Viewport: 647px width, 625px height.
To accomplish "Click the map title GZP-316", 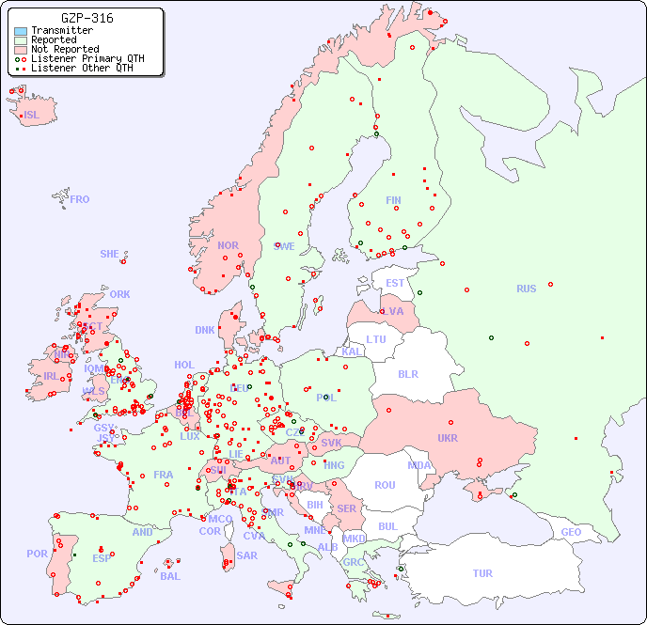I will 87,18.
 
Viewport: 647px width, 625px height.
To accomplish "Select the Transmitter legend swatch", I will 21,31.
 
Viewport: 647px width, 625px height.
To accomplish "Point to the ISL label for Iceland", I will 32,116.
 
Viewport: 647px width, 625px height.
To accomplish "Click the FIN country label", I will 393,200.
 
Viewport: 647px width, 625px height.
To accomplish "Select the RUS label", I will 526,289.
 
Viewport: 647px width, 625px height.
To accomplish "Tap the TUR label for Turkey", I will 482,573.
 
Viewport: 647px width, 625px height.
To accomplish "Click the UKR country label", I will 448,438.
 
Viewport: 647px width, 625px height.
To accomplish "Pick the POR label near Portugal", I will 37,554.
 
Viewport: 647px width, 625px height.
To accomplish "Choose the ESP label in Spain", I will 102,558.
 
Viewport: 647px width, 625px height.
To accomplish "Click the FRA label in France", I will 164,475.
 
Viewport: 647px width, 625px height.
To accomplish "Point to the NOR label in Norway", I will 228,245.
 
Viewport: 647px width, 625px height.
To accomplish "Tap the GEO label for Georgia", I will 571,532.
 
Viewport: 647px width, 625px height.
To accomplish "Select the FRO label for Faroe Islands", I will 80,199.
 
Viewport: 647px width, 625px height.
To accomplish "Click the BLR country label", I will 407,373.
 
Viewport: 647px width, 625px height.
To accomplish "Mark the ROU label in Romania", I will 385,485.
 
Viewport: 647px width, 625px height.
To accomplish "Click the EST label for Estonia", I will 395,283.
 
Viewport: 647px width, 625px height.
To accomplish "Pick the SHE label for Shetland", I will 110,254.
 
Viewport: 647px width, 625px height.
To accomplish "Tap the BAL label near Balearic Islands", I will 169,576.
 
